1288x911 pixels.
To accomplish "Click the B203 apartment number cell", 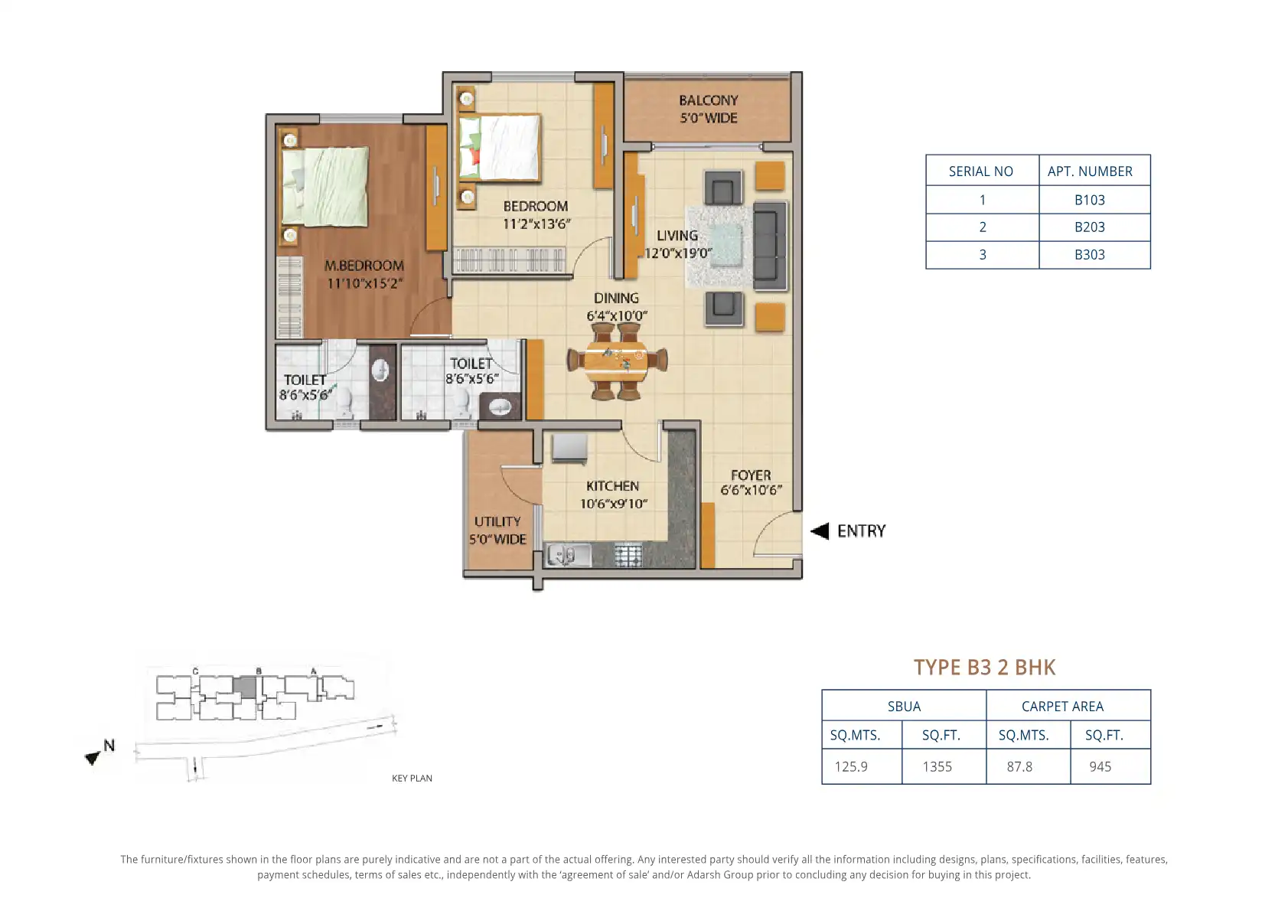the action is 1090,227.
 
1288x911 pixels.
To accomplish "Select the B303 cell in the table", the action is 1090,255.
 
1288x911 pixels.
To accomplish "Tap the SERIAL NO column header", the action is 981,171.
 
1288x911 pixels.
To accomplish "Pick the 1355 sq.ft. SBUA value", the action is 937,766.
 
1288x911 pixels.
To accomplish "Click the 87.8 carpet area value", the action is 1019,766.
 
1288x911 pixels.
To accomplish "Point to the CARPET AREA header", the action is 1062,707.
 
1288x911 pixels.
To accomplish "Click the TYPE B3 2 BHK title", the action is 984,667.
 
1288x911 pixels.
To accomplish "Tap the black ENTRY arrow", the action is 820,531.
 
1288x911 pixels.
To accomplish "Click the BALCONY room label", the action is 709,100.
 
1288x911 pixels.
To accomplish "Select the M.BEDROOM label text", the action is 364,266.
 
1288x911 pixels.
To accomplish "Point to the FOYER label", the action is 751,475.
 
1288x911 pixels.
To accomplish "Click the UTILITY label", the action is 497,521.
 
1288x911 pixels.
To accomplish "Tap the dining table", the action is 616,361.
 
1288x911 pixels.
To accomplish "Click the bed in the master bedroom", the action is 325,186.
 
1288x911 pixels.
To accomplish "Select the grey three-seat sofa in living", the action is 770,245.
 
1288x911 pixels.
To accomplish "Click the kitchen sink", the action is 568,556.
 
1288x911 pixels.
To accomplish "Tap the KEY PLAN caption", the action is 412,778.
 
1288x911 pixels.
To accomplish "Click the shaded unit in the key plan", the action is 246,687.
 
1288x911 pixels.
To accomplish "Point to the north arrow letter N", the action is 109,746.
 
